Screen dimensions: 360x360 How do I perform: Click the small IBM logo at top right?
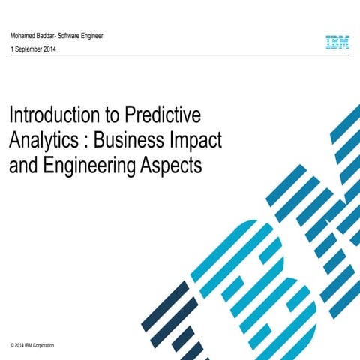pos(337,43)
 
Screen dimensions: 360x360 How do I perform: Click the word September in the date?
pos(31,49)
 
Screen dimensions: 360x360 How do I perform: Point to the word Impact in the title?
pos(198,140)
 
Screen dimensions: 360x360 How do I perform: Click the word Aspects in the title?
pos(173,165)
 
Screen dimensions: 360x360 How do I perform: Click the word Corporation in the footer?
pos(40,346)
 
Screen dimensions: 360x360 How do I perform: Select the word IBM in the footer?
pos(25,346)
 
